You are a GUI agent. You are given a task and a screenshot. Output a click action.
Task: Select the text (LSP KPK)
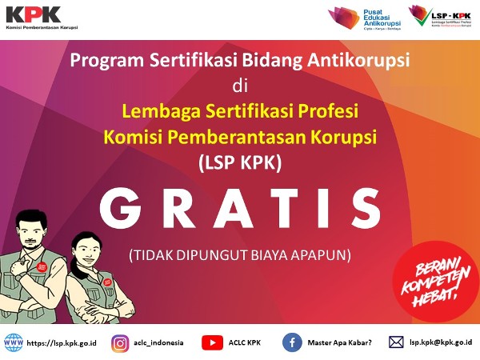pyautogui.click(x=240, y=162)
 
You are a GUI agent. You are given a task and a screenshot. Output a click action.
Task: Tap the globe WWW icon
pyautogui.click(x=14, y=342)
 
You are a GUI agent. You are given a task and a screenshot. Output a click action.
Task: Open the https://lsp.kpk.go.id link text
pyautogui.click(x=63, y=342)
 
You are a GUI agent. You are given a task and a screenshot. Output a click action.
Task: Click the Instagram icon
pyautogui.click(x=121, y=342)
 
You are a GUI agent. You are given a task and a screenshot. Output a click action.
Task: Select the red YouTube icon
pyautogui.click(x=212, y=342)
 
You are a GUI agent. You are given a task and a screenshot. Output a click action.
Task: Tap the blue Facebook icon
pyautogui.click(x=292, y=342)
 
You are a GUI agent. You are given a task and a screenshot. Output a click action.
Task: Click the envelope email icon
pyautogui.click(x=395, y=342)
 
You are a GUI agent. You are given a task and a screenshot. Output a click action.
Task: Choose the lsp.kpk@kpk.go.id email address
pyautogui.click(x=440, y=342)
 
